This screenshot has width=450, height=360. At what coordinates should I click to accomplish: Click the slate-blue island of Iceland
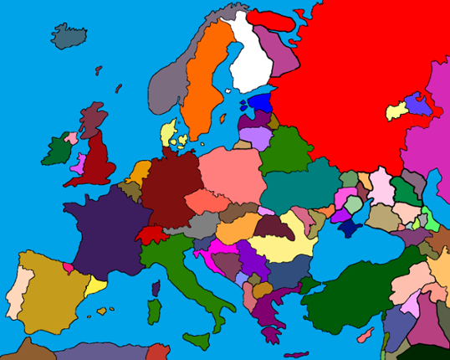tap(69, 35)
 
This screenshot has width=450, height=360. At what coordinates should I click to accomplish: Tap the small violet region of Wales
tap(79, 162)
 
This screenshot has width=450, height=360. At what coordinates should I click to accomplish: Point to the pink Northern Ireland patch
tap(73, 137)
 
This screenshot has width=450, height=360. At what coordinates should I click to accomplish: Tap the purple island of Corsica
tap(156, 289)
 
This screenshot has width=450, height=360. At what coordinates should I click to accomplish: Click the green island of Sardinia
tap(153, 312)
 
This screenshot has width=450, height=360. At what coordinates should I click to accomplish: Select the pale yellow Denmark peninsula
tap(167, 134)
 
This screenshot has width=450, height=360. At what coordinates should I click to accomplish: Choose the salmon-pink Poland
tap(230, 172)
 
